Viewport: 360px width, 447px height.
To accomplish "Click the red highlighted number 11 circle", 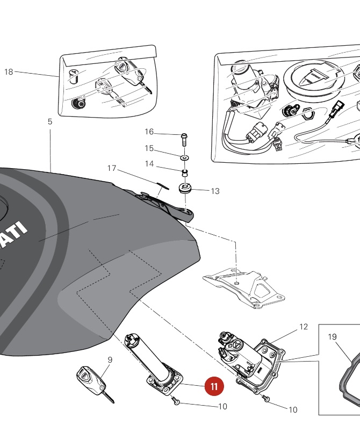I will (x=214, y=386).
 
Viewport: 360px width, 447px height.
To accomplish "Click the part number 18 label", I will (x=9, y=71).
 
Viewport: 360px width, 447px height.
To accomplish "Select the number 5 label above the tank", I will (x=50, y=122).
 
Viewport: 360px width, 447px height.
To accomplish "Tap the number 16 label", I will (x=149, y=132).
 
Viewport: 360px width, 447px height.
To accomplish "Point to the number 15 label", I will (x=149, y=148).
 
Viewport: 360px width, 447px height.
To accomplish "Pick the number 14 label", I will (x=149, y=164).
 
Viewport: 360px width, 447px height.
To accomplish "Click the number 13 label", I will (x=215, y=191).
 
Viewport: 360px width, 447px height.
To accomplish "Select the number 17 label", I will (x=112, y=168).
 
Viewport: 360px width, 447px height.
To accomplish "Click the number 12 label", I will (x=304, y=327).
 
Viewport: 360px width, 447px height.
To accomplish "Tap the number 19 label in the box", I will (x=332, y=337).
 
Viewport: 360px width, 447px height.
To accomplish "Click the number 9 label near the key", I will (x=110, y=360).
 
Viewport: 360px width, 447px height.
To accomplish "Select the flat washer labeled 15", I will (x=184, y=158).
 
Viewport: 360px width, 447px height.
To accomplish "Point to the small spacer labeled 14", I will (x=184, y=172).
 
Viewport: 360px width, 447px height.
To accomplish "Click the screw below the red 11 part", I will (x=177, y=401).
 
